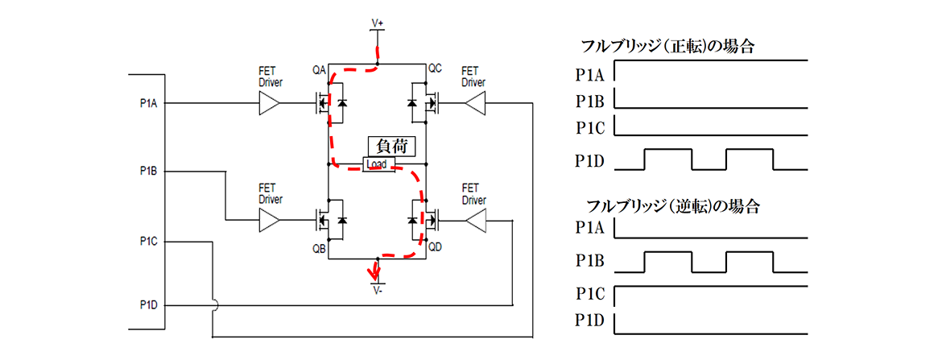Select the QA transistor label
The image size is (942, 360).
(x=320, y=69)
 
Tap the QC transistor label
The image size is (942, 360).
(x=435, y=69)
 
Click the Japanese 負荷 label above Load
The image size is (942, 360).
(x=390, y=147)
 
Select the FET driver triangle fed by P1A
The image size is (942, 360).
(x=269, y=103)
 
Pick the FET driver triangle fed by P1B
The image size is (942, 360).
(x=269, y=219)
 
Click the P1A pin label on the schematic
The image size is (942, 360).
(x=147, y=103)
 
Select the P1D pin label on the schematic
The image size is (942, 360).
(x=147, y=305)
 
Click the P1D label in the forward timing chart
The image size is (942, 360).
(x=590, y=159)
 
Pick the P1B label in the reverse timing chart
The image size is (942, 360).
(x=590, y=262)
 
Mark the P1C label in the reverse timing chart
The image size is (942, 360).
(x=590, y=292)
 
